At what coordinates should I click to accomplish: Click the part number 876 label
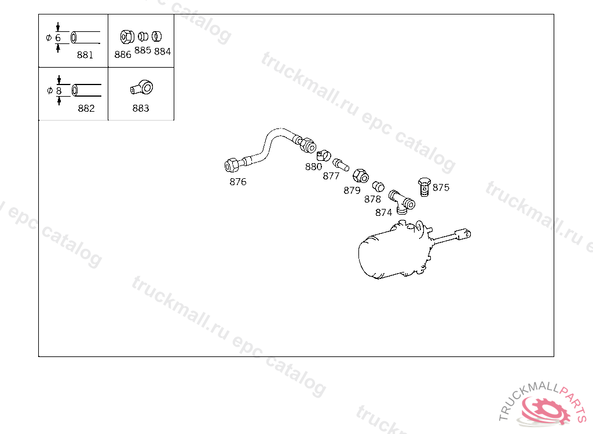pos(237,182)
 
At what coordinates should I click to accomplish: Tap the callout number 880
pos(313,167)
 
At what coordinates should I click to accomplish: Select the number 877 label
pos(331,176)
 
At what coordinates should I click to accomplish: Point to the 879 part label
pos(352,190)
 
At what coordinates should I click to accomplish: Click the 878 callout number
pos(372,199)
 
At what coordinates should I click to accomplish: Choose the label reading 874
pos(383,212)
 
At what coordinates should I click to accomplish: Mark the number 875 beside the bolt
pos(441,187)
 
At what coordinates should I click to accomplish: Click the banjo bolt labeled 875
pos(424,187)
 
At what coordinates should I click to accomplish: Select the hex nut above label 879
pos(360,173)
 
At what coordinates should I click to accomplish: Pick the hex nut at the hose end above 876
pos(231,165)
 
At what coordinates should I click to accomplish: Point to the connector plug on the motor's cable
pos(464,234)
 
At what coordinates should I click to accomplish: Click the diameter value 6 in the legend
pos(58,38)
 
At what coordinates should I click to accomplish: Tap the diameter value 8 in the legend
pos(58,91)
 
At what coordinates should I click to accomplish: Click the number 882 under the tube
pos(86,108)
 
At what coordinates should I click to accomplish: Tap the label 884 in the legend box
pos(163,51)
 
